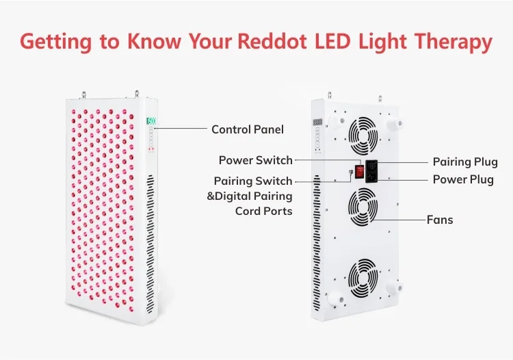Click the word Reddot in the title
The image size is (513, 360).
(x=272, y=42)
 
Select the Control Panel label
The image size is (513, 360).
(x=248, y=129)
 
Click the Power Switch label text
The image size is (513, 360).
(x=256, y=160)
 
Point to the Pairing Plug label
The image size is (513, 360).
(x=465, y=162)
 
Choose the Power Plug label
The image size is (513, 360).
(x=463, y=180)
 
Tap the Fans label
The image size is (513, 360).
(x=440, y=220)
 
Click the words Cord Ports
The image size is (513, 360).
(x=264, y=211)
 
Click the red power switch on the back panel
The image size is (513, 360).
(x=360, y=172)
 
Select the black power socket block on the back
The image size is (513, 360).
(x=371, y=171)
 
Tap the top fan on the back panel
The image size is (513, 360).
(x=363, y=136)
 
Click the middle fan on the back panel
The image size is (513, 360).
(x=363, y=207)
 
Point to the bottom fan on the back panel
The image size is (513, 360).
(x=363, y=277)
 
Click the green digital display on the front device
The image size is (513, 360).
(x=151, y=121)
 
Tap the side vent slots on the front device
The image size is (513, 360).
(x=150, y=244)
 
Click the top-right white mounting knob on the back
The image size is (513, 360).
(x=395, y=124)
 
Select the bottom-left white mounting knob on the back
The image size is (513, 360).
(x=336, y=299)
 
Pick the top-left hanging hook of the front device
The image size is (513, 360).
(x=84, y=95)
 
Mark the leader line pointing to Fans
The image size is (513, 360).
(x=399, y=220)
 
